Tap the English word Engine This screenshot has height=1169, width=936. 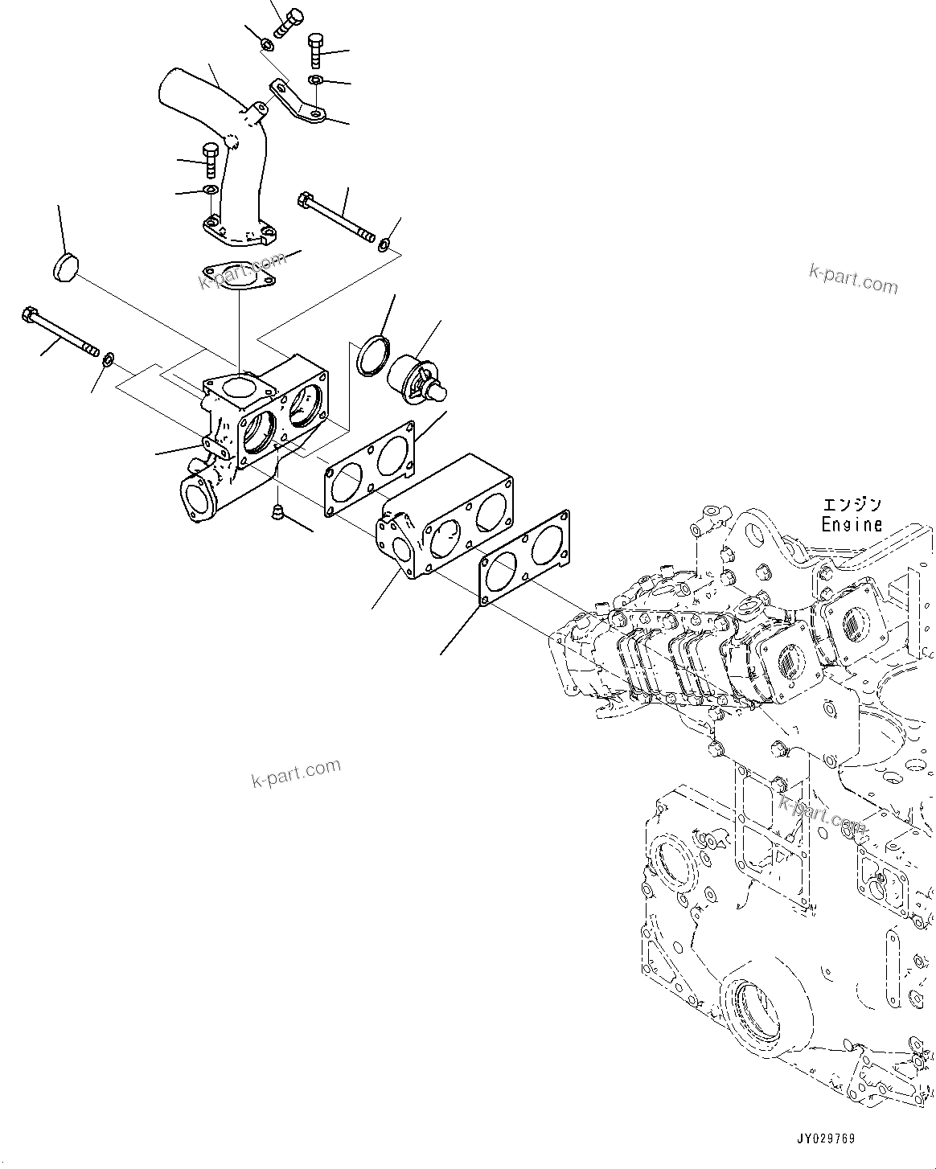(851, 524)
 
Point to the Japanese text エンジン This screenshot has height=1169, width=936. (851, 505)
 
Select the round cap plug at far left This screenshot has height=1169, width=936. (62, 268)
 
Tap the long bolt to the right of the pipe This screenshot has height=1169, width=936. (335, 217)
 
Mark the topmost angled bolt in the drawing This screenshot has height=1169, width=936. (288, 20)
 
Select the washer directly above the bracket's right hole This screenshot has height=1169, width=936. (316, 80)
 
